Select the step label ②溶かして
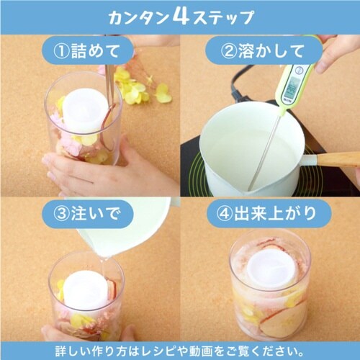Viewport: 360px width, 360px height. (262, 51)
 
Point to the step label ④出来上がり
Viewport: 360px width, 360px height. (266, 213)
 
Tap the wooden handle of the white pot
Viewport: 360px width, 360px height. (338, 159)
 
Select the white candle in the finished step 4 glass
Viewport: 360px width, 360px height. (271, 269)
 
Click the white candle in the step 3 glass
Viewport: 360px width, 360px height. (84, 290)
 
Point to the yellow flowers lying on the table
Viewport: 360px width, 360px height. (142, 88)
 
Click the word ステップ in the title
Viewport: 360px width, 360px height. (222, 17)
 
